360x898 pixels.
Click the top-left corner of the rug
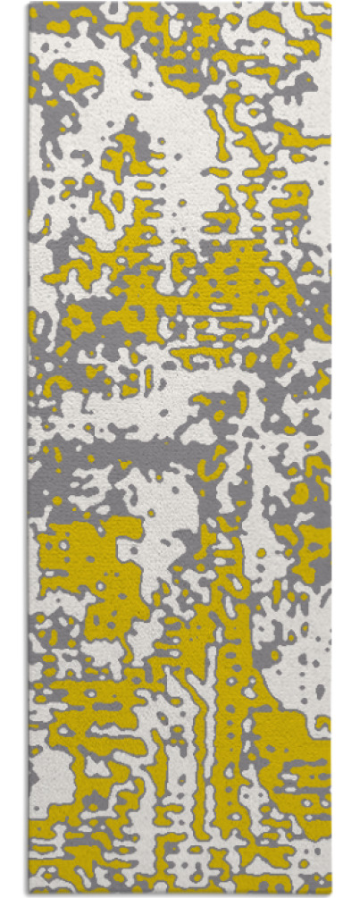pyautogui.click(x=29, y=4)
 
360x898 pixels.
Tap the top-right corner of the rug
pyautogui.click(x=330, y=4)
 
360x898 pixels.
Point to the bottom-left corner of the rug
pyautogui.click(x=29, y=894)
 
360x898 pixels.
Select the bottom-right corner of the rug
pyautogui.click(x=330, y=894)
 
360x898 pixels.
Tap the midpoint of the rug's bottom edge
pyautogui.click(x=180, y=894)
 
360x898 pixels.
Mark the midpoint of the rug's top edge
pyautogui.click(x=180, y=4)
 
